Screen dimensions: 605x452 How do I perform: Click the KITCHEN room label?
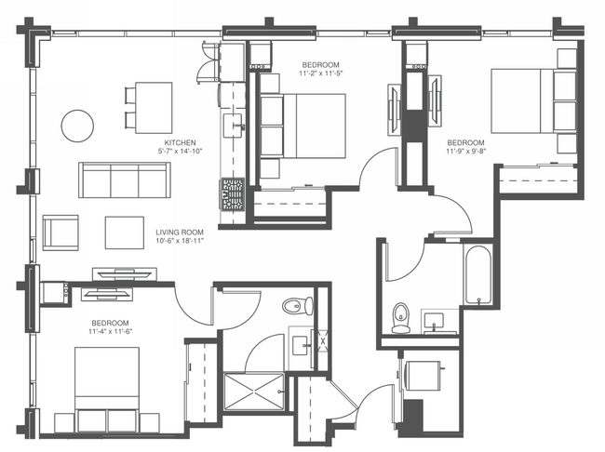181,142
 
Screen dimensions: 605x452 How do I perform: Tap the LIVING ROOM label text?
180,233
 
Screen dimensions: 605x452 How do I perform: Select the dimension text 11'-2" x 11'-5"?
320,73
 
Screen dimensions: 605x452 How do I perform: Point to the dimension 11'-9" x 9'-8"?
465,152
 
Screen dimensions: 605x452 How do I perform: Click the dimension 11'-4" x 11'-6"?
111,331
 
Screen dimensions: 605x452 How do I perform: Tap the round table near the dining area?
77,126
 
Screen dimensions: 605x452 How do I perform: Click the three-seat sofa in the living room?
125,180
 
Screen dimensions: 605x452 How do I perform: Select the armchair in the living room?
60,233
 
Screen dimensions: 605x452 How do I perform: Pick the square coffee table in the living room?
125,233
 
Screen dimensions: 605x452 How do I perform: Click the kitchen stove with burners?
233,193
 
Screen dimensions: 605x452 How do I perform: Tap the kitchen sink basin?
233,126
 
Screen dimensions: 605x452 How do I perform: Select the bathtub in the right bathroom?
478,275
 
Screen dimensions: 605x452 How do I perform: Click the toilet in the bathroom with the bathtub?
400,317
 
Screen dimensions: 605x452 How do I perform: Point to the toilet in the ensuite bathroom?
298,306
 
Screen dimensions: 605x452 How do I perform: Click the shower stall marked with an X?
254,392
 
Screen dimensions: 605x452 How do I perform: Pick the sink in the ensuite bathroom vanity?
301,346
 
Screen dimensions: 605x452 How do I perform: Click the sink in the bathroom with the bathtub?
434,321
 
